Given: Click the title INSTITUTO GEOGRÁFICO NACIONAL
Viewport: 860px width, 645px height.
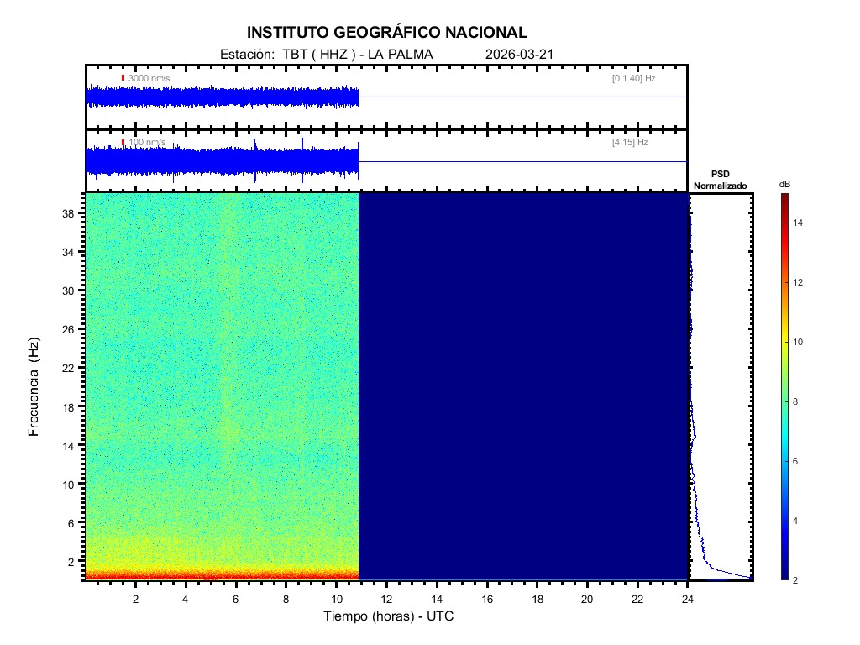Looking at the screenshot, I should click(387, 33).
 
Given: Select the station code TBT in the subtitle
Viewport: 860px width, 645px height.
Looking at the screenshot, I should click(294, 55).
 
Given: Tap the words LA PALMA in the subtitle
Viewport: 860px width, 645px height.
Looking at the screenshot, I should click(406, 55).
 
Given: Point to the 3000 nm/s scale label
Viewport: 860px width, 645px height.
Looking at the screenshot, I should click(149, 78).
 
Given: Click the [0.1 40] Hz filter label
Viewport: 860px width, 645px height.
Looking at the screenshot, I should click(633, 78).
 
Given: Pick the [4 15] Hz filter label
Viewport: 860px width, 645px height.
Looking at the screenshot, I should click(630, 143).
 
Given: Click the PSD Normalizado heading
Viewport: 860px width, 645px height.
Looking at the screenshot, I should click(721, 179).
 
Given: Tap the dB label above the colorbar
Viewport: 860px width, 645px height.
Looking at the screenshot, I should click(784, 184).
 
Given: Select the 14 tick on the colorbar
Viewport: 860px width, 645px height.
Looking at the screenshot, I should click(800, 223).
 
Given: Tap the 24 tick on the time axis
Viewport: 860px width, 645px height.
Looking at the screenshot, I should click(688, 598).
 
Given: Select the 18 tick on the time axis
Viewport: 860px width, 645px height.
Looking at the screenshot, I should click(537, 598).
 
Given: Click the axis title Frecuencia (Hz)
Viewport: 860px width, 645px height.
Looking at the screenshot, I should click(34, 386).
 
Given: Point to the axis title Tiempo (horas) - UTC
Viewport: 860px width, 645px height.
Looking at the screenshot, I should click(389, 616).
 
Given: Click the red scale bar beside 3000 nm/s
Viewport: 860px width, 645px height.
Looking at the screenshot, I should click(123, 78).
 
